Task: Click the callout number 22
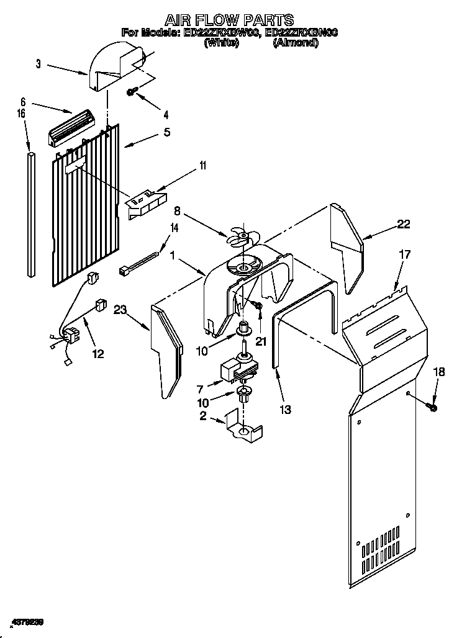tap(404, 225)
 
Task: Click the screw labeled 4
tap(132, 92)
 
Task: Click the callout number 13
tap(284, 410)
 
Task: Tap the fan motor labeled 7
tap(234, 370)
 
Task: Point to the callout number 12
tap(97, 354)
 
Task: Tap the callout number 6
tap(22, 101)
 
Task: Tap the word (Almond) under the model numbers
tap(296, 43)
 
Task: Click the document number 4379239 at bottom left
tap(29, 621)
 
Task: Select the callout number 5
tap(166, 132)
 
